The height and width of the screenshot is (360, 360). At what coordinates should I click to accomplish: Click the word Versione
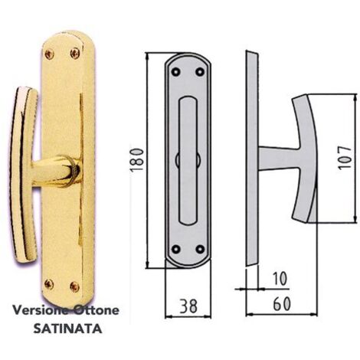pos(41,312)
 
